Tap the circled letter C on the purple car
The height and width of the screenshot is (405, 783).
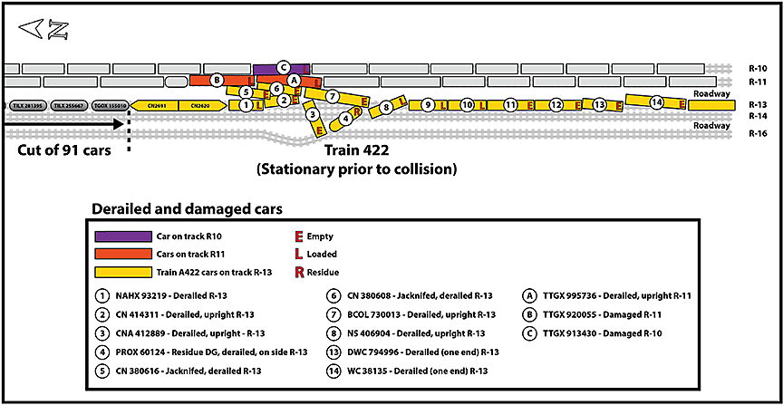pyautogui.click(x=283, y=66)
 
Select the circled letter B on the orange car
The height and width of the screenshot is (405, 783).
pyautogui.click(x=217, y=80)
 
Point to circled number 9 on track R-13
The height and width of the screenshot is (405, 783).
pyautogui.click(x=428, y=105)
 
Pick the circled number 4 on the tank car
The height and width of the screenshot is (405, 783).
pyautogui.click(x=346, y=118)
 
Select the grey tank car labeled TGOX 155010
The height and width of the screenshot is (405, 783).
pyautogui.click(x=109, y=106)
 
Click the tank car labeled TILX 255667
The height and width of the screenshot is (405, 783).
pyautogui.click(x=69, y=106)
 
